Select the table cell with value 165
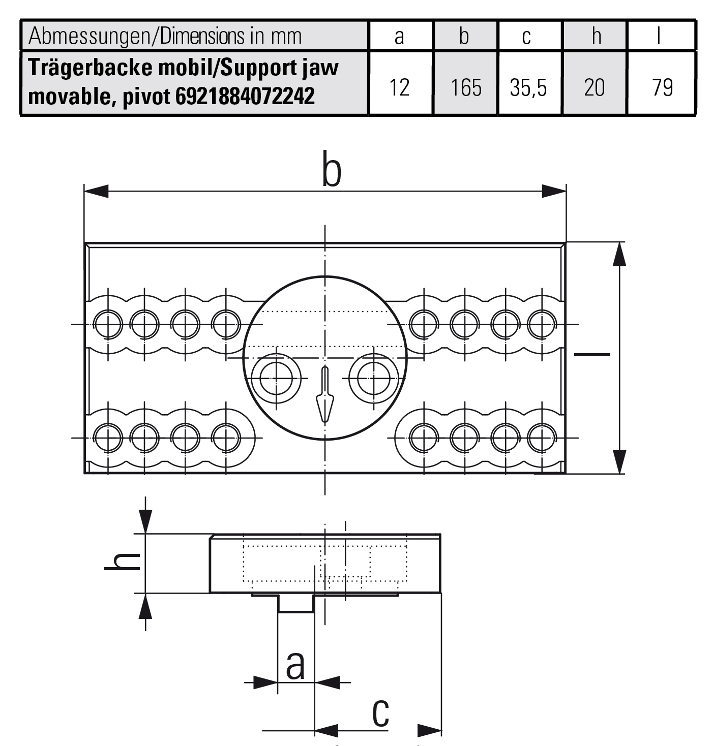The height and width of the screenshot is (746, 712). (x=466, y=87)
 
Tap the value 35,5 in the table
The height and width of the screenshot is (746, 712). (x=528, y=87)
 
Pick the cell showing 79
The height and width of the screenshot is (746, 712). (x=662, y=87)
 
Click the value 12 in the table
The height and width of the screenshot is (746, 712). (x=399, y=87)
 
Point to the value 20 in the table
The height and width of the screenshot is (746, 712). (x=594, y=87)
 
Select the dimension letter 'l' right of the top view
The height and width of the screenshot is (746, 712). (x=592, y=354)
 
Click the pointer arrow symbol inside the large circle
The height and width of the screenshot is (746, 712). (x=324, y=399)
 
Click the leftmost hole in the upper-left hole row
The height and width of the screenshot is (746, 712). (x=108, y=324)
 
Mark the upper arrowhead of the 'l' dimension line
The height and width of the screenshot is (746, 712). (x=619, y=254)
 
